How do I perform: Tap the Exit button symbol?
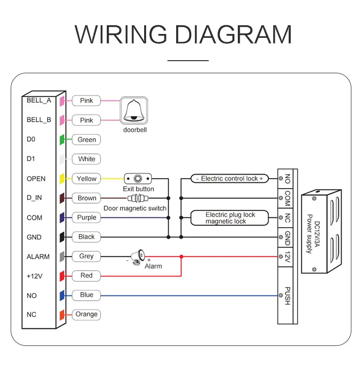(x=138, y=178)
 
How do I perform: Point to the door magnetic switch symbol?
(x=138, y=198)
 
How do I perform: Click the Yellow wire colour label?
(x=87, y=179)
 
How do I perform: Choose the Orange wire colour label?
(x=86, y=314)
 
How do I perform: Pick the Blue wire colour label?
(x=86, y=295)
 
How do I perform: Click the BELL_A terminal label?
(x=39, y=100)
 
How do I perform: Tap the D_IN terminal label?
(x=36, y=198)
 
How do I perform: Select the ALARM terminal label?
(x=38, y=257)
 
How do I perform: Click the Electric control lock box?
(x=230, y=179)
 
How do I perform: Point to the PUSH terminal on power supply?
(x=287, y=295)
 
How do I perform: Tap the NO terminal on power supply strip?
(x=287, y=179)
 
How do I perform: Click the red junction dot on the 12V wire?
(x=181, y=256)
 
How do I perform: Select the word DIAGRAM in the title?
(x=233, y=34)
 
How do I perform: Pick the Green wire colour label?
(x=87, y=140)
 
